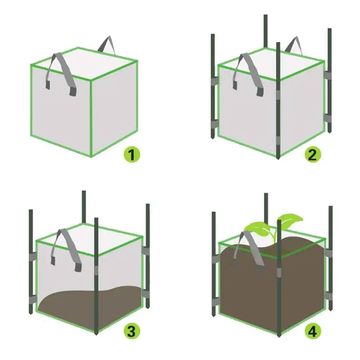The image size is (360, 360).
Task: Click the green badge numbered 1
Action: coord(132,155)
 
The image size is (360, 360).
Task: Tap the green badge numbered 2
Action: coord(313,155)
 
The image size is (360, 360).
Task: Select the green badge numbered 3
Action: coord(132,331)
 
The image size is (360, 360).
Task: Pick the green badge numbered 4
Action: coord(313,331)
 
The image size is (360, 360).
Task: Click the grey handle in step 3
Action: coord(67,248)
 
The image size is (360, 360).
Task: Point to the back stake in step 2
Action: coord(266,31)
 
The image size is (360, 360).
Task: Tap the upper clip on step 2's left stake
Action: coord(214,82)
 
